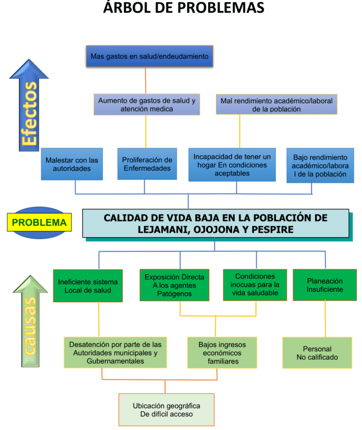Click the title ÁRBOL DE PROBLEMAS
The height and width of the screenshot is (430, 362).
point(184,8)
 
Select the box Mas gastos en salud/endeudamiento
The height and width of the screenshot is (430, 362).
point(149,56)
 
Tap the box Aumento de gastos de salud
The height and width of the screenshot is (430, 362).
point(146,105)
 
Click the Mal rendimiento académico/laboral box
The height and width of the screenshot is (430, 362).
point(276,105)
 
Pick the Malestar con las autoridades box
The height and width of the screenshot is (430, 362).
point(72,164)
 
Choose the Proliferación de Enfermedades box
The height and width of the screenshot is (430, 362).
point(147,164)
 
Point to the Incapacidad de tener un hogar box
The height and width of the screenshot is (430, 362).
point(232,165)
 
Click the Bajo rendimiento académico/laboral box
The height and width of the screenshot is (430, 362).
point(320,165)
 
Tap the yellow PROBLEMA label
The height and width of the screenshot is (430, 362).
point(40,222)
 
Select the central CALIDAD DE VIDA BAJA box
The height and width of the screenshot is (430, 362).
point(215,223)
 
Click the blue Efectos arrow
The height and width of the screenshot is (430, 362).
point(29,109)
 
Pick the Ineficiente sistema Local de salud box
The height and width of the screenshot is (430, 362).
point(88,286)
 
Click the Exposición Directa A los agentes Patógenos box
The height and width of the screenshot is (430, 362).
point(174,285)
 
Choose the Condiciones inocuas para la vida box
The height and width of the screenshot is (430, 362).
point(255,285)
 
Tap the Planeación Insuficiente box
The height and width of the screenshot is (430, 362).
point(325,285)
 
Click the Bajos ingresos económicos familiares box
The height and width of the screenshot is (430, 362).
point(222,352)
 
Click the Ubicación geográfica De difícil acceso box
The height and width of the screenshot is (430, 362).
point(166,409)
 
